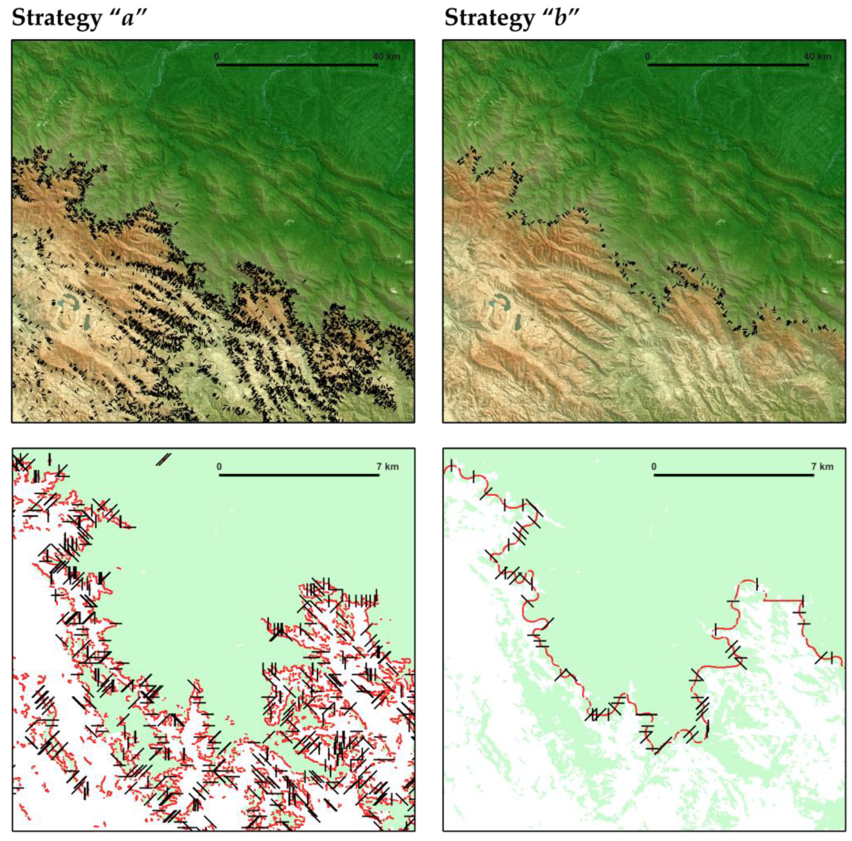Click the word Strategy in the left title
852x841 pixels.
pyautogui.click(x=56, y=19)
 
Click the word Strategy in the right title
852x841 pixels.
pyautogui.click(x=488, y=19)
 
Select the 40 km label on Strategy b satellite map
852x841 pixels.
pyautogui.click(x=818, y=57)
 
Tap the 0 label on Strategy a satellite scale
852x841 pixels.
pyautogui.click(x=217, y=57)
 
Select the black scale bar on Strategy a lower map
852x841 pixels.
pyautogui.click(x=299, y=475)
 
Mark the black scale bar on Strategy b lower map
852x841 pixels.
pyautogui.click(x=734, y=475)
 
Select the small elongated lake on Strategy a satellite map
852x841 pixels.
pyautogui.click(x=88, y=322)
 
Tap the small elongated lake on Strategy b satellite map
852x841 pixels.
pyautogui.click(x=518, y=322)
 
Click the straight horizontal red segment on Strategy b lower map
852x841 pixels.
pyautogui.click(x=783, y=600)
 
